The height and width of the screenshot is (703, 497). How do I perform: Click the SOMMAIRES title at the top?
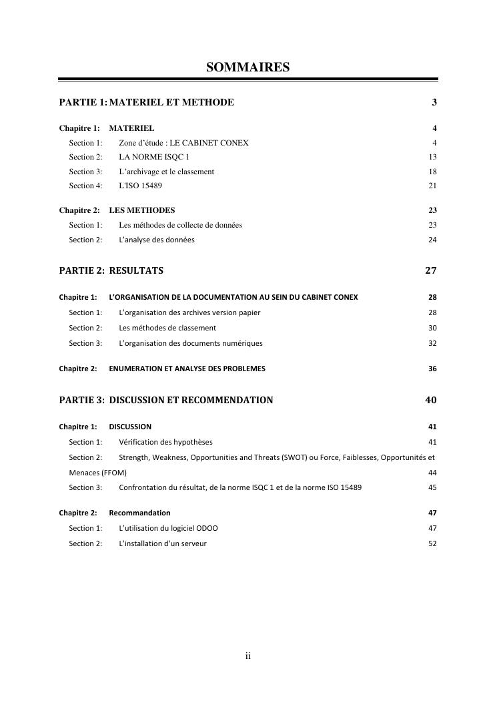pos(247,67)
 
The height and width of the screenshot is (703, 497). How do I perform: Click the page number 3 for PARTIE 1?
pos(434,102)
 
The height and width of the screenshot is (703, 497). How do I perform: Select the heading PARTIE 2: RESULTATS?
pos(111,270)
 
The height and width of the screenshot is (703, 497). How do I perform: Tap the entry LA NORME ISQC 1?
pos(149,157)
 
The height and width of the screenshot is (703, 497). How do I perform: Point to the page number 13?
pos(432,157)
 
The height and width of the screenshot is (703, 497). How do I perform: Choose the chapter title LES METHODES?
pos(141,210)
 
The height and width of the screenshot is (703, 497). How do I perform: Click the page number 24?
pos(432,240)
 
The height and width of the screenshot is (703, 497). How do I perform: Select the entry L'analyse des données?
pos(157,240)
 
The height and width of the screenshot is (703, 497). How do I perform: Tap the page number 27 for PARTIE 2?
pos(430,270)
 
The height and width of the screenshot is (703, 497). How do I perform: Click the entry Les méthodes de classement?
pos(167,328)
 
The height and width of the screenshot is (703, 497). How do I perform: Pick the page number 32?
pos(432,343)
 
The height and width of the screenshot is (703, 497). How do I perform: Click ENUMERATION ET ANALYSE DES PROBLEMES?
pos(187,369)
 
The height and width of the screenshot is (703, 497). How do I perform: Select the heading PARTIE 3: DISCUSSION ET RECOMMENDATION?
pos(166,400)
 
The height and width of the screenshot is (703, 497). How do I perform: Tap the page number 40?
pos(430,400)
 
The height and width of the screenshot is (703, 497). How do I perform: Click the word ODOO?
pos(207,528)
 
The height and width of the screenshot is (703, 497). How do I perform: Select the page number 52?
pos(432,543)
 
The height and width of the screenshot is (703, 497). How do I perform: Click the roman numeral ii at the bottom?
pos(247,656)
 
